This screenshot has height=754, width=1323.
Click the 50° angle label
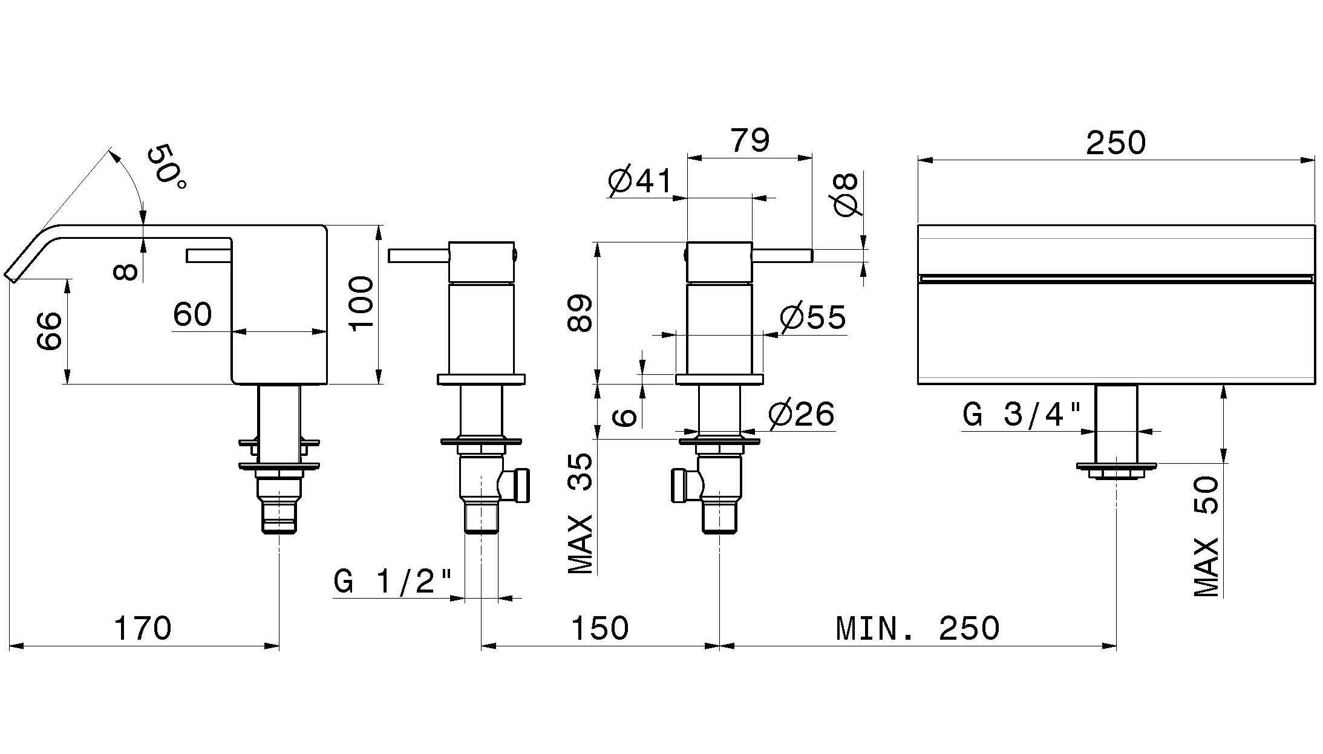coord(167,166)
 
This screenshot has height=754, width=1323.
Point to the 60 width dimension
coord(192,314)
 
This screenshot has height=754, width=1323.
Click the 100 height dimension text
coord(361,304)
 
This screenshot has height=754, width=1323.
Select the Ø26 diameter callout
coord(802,414)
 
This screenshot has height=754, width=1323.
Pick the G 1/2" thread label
coord(393,582)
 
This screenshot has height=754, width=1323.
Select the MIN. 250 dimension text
coord(918,628)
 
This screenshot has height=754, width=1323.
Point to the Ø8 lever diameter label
coord(846,194)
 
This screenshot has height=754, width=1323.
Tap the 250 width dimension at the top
coord(1116,143)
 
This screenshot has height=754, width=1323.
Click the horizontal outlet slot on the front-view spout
coord(1116,278)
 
